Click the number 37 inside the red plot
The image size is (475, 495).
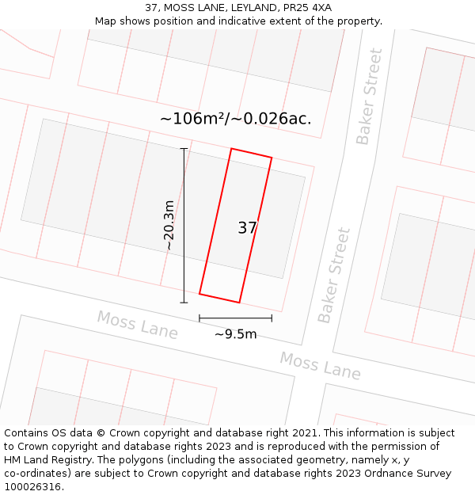pyautogui.click(x=247, y=228)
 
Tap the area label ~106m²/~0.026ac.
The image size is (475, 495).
pyautogui.click(x=236, y=119)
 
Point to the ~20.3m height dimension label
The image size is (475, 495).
pyautogui.click(x=169, y=225)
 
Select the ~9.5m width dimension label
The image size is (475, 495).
pyautogui.click(x=236, y=334)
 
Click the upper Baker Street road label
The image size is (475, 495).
pyautogui.click(x=369, y=97)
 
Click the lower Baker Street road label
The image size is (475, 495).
pyautogui.click(x=334, y=276)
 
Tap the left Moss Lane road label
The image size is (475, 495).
pyautogui.click(x=137, y=325)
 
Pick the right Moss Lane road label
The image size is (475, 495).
pyautogui.click(x=320, y=365)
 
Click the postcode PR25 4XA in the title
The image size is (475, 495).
pyautogui.click(x=305, y=8)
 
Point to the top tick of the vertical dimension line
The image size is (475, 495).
pyautogui.click(x=184, y=148)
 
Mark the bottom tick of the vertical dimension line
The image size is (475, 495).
pyautogui.click(x=184, y=303)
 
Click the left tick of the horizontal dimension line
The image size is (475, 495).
pyautogui.click(x=199, y=318)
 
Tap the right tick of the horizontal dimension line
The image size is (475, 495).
pyautogui.click(x=272, y=318)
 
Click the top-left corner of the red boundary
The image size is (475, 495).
pyautogui.click(x=231, y=149)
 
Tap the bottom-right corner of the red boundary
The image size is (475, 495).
pyautogui.click(x=239, y=302)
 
